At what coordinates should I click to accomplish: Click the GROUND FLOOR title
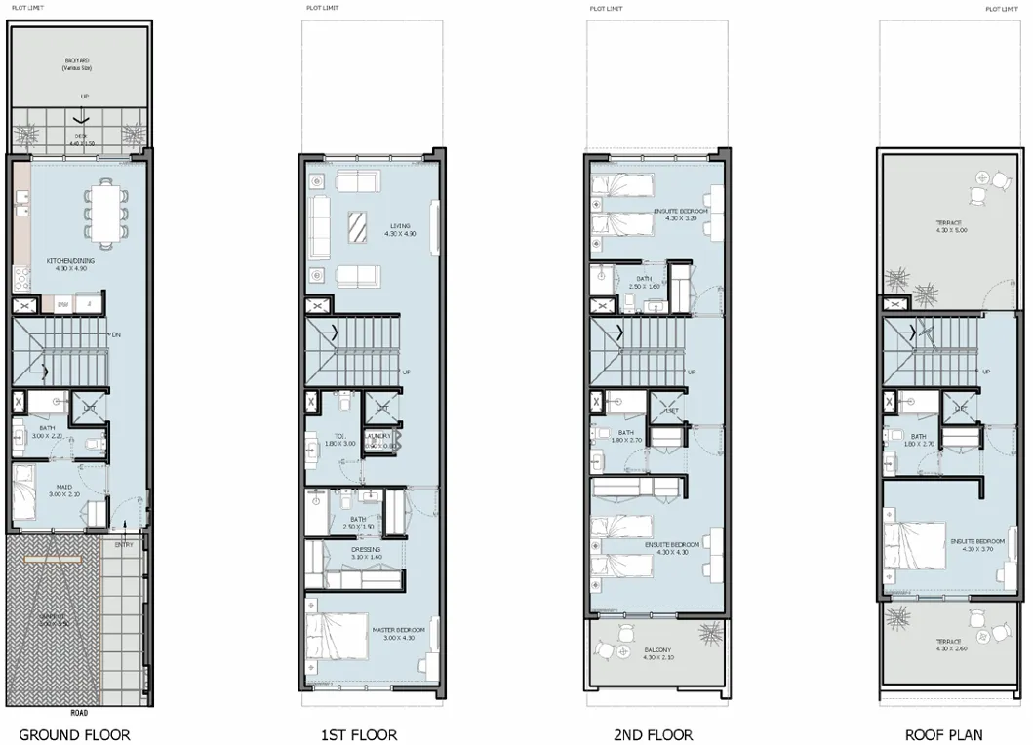[74, 734]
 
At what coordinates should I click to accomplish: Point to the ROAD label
[80, 712]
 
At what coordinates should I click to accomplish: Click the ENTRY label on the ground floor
[124, 544]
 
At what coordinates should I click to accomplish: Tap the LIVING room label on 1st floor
[400, 230]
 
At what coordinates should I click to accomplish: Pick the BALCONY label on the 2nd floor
[657, 654]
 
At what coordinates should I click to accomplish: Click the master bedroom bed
[338, 639]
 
